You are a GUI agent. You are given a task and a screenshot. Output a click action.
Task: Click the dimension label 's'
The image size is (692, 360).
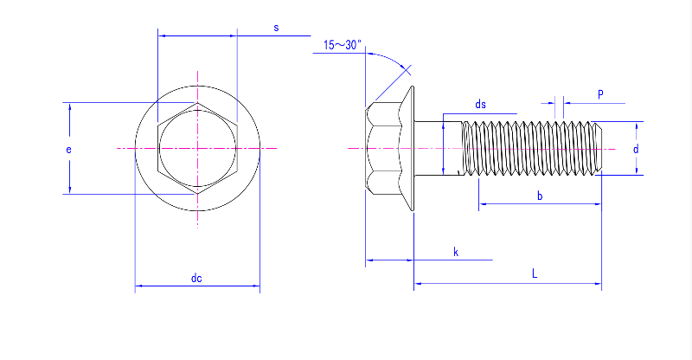point(276,28)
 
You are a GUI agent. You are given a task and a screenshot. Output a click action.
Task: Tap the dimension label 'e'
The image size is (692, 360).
point(68,149)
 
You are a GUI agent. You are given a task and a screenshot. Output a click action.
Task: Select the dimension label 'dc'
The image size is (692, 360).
point(196,278)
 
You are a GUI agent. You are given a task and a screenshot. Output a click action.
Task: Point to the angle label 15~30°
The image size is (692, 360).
point(343,45)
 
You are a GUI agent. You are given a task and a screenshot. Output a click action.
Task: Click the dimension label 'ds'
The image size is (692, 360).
point(480,105)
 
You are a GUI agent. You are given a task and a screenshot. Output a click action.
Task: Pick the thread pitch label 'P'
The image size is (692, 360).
point(599,93)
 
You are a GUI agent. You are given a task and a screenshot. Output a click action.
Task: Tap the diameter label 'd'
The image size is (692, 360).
point(635,149)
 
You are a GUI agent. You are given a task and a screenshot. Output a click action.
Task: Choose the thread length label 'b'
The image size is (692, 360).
point(540,196)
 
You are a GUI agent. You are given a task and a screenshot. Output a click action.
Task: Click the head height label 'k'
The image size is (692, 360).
point(456,252)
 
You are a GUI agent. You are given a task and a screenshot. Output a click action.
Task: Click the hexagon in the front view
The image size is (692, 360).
point(197,149)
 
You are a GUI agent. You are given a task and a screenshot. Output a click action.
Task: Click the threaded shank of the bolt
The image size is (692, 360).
point(532,149)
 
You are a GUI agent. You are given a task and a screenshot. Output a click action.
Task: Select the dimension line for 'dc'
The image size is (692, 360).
point(164,285)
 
